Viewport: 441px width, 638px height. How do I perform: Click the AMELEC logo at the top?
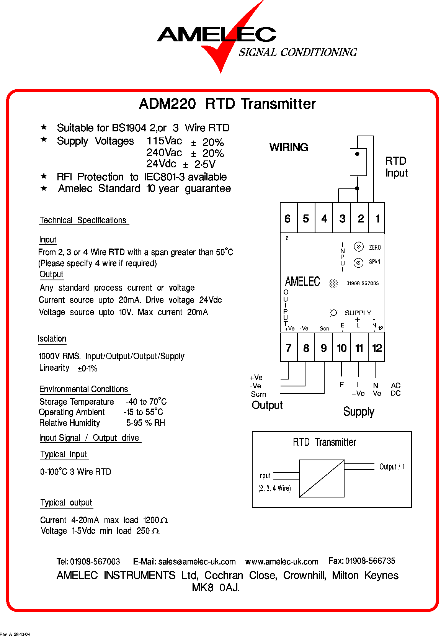pos(217,35)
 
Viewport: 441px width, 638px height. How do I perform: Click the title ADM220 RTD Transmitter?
pos(227,104)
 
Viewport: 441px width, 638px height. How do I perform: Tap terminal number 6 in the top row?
pos(288,218)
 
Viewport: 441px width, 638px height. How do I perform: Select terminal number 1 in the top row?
pos(377,218)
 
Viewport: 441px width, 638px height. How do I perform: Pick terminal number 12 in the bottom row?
pos(377,348)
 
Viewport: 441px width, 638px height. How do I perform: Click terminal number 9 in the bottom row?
pos(323,348)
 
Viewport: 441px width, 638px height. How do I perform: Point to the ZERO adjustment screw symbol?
pos(358,247)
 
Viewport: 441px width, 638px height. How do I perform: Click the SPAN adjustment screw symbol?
pos(358,263)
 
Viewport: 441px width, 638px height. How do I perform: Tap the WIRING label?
pos(289,147)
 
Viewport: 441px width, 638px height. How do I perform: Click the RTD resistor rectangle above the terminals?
pos(358,162)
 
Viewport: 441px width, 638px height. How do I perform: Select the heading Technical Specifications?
pos(83,220)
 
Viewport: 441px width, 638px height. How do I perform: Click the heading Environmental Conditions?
pos(84,389)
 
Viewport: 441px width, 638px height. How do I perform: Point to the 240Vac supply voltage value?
pos(164,153)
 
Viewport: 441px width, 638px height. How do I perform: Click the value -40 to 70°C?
pos(146,402)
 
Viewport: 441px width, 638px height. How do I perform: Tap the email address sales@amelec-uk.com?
pos(197,562)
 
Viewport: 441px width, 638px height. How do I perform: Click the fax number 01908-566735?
pos(370,561)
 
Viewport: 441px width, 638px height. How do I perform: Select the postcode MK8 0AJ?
pos(216,587)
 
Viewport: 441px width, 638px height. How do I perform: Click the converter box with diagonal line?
pos(322,478)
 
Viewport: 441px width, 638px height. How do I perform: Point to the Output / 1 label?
pos(392,466)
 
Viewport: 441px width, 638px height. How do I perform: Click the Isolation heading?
pos(52,339)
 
